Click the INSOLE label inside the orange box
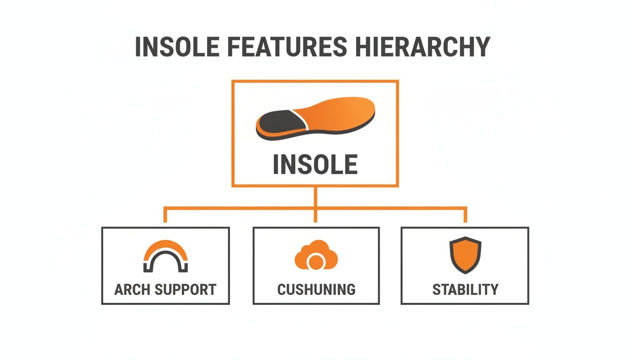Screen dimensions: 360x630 click(x=315, y=165)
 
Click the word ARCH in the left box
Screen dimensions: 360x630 click(x=131, y=289)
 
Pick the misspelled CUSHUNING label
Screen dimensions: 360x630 click(x=316, y=289)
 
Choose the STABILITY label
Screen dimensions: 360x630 click(x=465, y=289)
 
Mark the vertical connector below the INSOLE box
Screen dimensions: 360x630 click(x=315, y=197)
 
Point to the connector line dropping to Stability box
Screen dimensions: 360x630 click(x=465, y=215)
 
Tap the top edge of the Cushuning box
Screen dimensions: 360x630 click(x=316, y=228)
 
